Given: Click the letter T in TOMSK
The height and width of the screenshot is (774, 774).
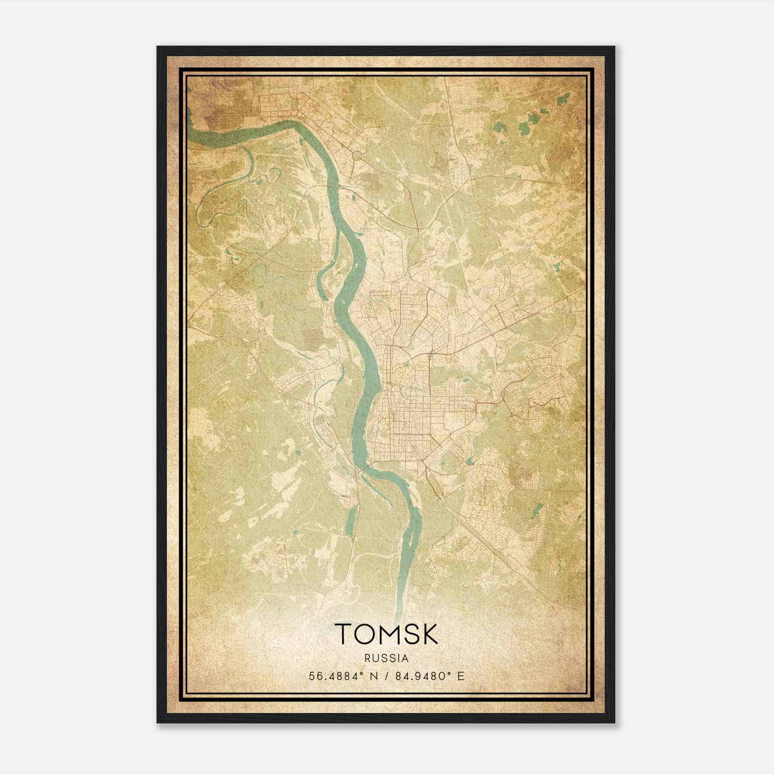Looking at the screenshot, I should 344,634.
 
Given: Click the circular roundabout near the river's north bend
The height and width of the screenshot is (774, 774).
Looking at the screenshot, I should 358,155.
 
